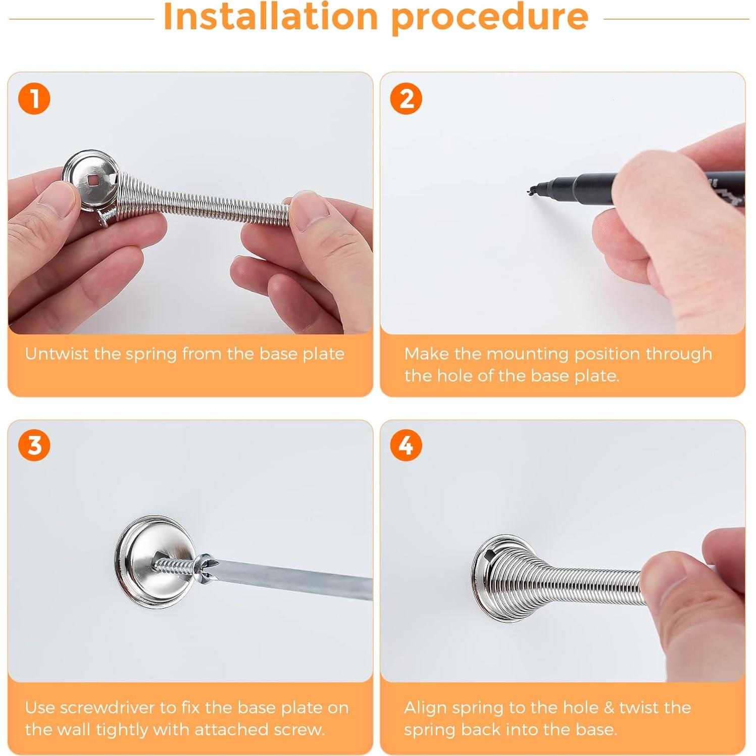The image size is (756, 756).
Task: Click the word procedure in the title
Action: point(490,18)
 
